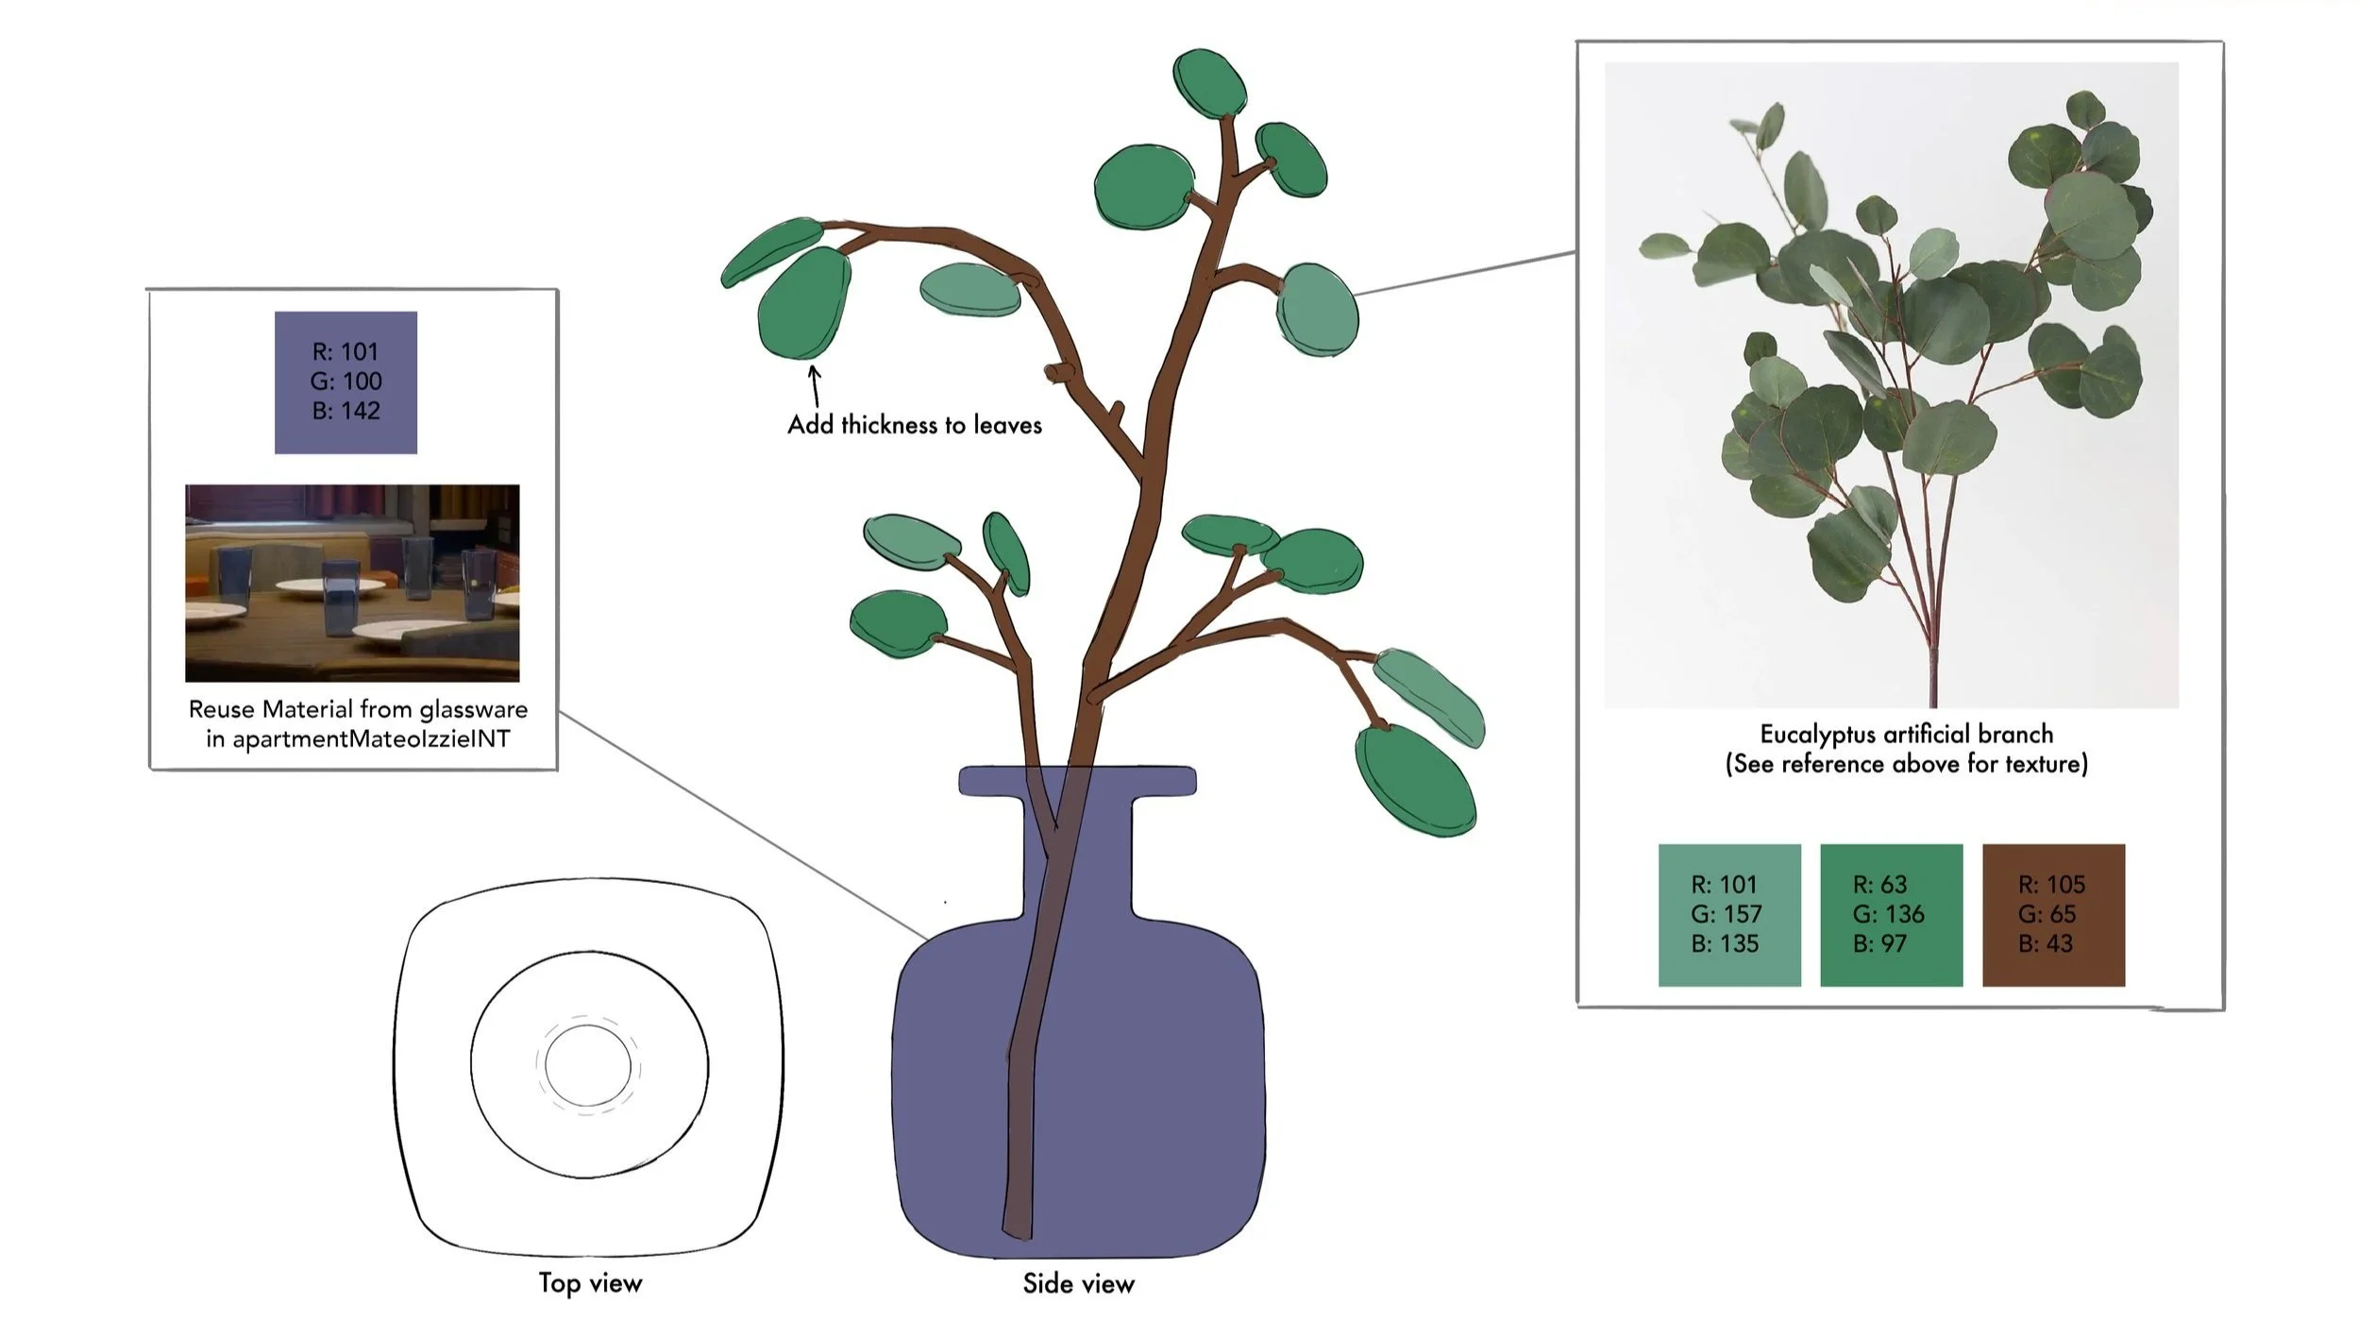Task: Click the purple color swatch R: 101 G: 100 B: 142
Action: (345, 382)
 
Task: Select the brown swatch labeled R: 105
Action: (2052, 914)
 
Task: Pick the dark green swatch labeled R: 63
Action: (1890, 914)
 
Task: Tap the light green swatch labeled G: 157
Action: (1728, 914)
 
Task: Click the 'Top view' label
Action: (590, 1282)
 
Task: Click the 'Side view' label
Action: (1078, 1283)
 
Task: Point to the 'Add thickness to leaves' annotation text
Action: (914, 425)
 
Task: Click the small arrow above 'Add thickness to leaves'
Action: (815, 385)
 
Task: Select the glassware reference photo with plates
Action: (352, 583)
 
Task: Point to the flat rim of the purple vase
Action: (1077, 781)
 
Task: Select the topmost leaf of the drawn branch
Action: (1209, 83)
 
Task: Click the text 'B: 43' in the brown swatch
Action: (2045, 943)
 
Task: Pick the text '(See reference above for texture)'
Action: (1906, 763)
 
